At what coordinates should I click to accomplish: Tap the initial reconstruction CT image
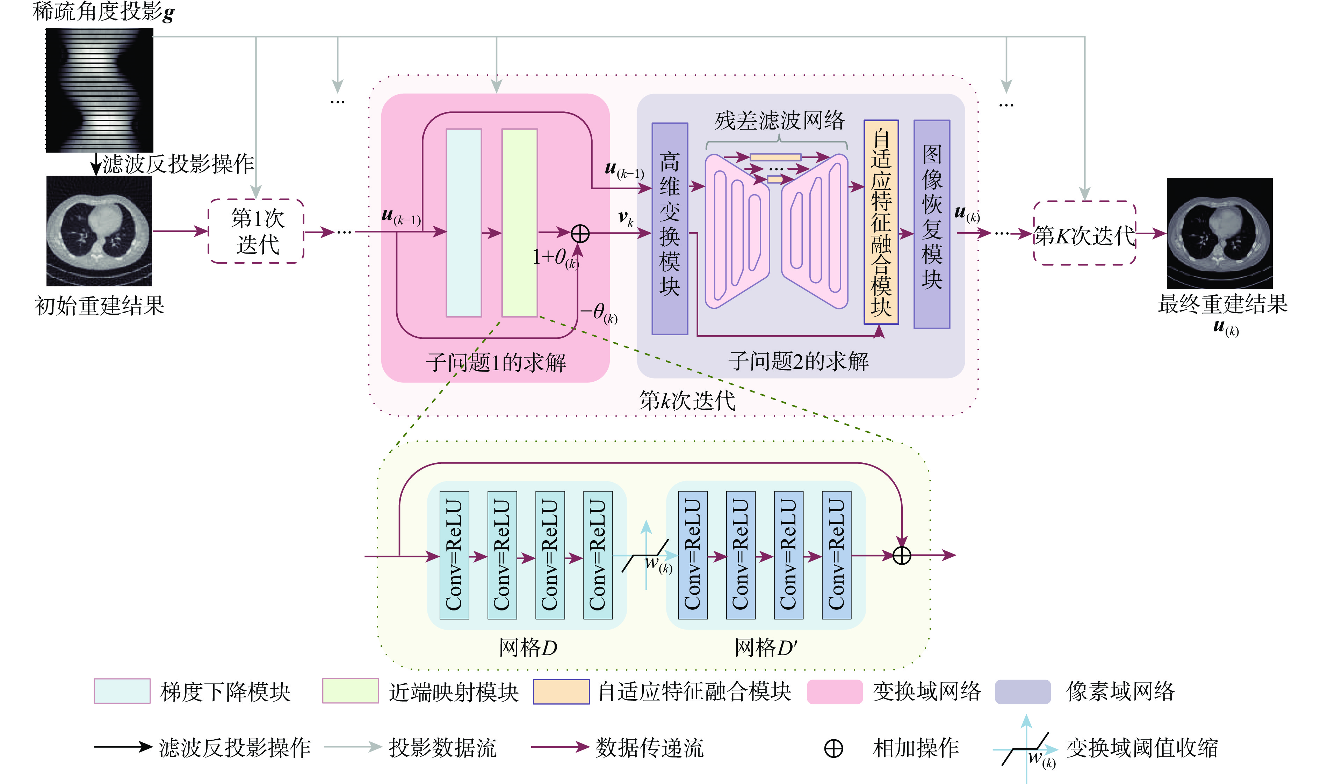point(99,231)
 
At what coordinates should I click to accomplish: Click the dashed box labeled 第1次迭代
point(257,231)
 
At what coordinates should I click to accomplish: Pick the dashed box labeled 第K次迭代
point(1084,233)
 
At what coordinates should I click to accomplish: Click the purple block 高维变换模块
point(669,228)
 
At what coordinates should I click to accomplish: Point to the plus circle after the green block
point(580,233)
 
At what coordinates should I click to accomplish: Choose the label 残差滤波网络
point(779,120)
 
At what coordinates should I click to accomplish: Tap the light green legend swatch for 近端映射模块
point(351,691)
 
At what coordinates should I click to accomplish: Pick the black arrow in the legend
point(123,747)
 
